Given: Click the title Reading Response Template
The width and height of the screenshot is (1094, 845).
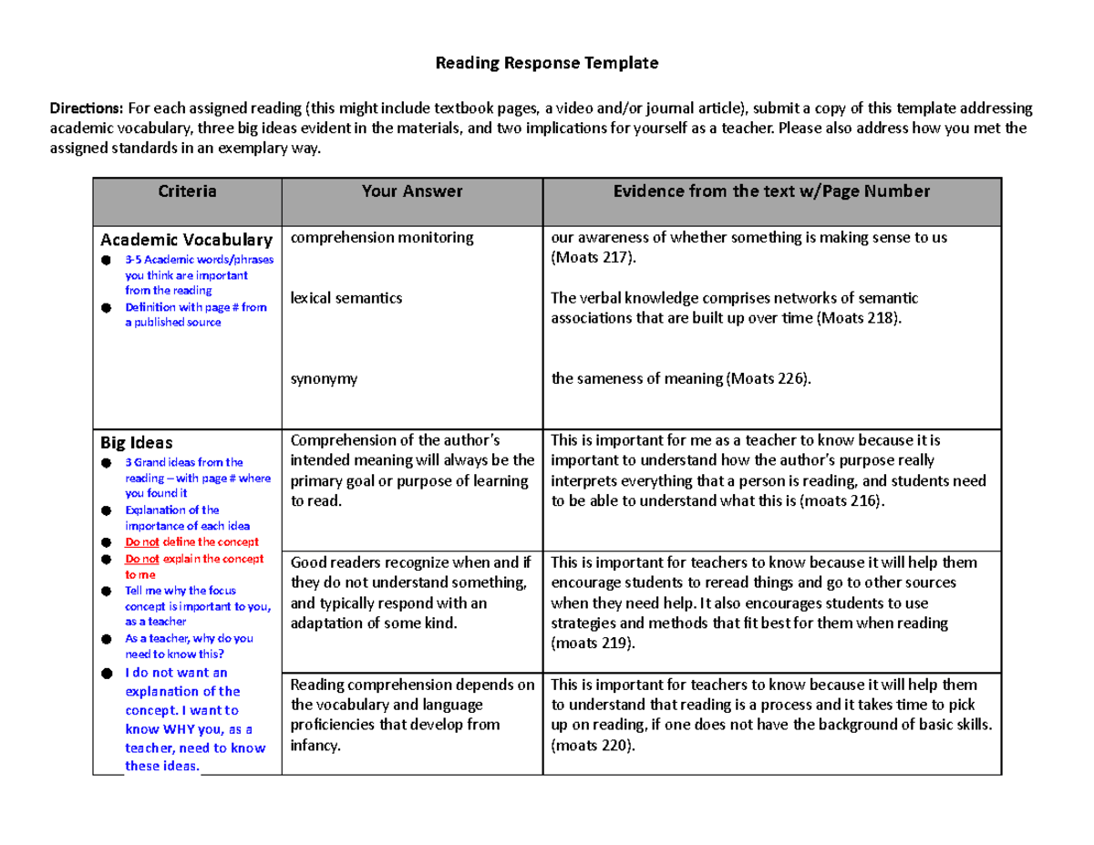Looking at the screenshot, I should tap(546, 64).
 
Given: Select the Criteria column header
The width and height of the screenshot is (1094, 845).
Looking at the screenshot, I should tap(187, 191).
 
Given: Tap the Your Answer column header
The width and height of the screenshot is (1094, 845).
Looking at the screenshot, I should tap(412, 191).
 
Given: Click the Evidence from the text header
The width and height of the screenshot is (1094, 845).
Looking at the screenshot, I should tap(771, 191).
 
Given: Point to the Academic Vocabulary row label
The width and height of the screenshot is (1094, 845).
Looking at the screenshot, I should tap(186, 240).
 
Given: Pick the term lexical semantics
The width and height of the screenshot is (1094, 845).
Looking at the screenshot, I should tap(346, 297).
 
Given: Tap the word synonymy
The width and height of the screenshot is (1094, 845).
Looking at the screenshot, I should tap(324, 379).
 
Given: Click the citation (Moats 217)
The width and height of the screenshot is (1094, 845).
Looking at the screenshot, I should tap(592, 259).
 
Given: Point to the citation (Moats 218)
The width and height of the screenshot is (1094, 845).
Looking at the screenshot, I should tap(857, 318).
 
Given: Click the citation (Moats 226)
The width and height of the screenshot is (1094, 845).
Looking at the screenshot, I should tap(768, 379).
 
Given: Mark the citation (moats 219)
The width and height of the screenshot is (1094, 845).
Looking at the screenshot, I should tap(592, 644).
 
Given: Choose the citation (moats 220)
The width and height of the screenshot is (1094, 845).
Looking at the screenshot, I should tap(592, 745).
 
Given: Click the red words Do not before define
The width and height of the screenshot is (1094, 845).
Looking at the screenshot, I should tap(141, 542).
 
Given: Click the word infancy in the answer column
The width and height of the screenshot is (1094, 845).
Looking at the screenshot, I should tap(315, 745).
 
